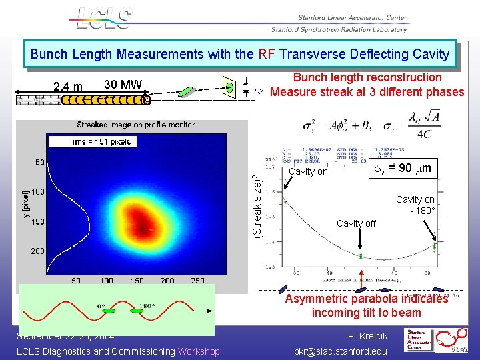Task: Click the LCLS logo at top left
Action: [x=103, y=19]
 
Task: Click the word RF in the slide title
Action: [x=266, y=53]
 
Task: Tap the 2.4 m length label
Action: [x=68, y=86]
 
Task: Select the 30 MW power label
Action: [x=123, y=84]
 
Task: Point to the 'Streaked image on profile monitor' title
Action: [x=135, y=125]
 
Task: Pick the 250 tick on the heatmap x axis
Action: [x=197, y=281]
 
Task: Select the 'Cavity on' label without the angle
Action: [x=307, y=171]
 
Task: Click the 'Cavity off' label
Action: [x=356, y=223]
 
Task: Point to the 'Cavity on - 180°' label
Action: [x=415, y=205]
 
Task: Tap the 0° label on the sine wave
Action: [x=102, y=307]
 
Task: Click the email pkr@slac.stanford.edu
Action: [x=340, y=351]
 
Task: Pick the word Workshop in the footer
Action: [x=199, y=351]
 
